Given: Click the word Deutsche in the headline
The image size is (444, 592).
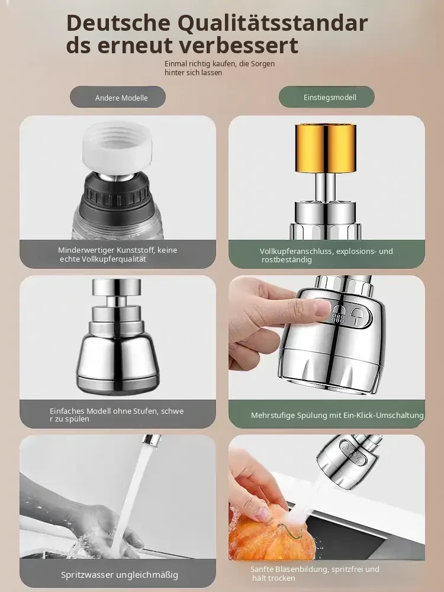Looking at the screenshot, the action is (x=118, y=22).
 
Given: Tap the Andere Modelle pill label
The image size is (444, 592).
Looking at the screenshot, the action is (x=118, y=97).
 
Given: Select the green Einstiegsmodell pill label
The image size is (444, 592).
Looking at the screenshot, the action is (x=327, y=97).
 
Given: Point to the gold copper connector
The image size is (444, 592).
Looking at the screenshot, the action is (x=325, y=149).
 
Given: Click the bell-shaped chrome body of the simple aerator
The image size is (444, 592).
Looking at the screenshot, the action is (x=117, y=362).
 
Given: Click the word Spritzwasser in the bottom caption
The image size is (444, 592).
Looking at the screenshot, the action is (x=87, y=575).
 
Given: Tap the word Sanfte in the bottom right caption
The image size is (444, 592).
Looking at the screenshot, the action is (x=262, y=569).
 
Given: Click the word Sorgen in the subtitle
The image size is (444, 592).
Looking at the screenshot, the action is (x=263, y=64).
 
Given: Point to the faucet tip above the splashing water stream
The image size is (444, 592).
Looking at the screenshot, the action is (x=151, y=440).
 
